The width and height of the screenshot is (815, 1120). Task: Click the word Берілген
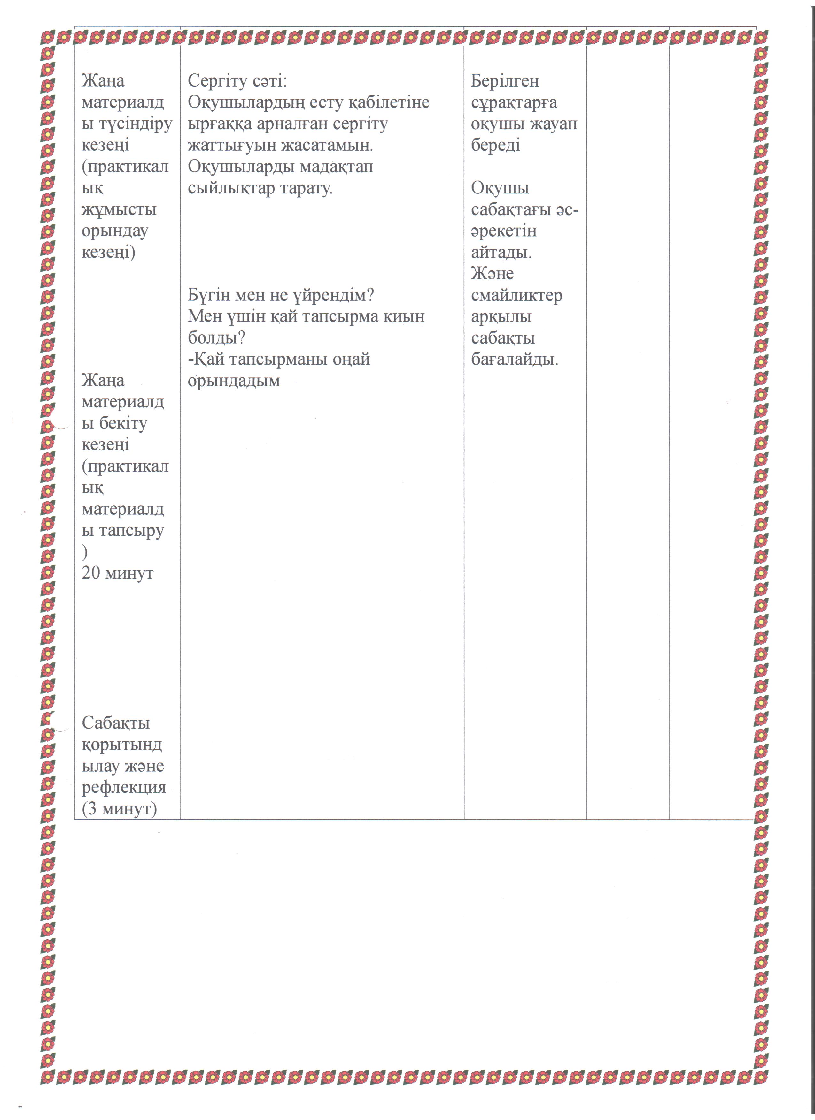505,81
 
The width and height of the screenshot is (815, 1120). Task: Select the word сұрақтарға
514,103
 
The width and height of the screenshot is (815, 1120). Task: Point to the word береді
495,146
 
